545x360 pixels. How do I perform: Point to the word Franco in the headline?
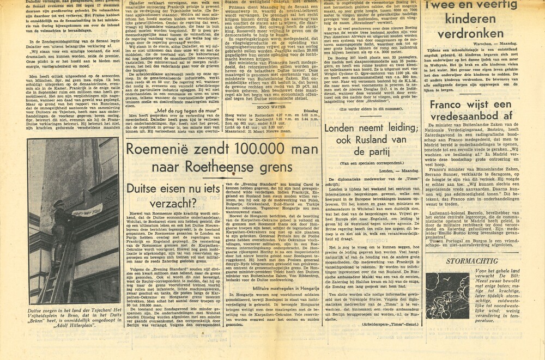451,107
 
